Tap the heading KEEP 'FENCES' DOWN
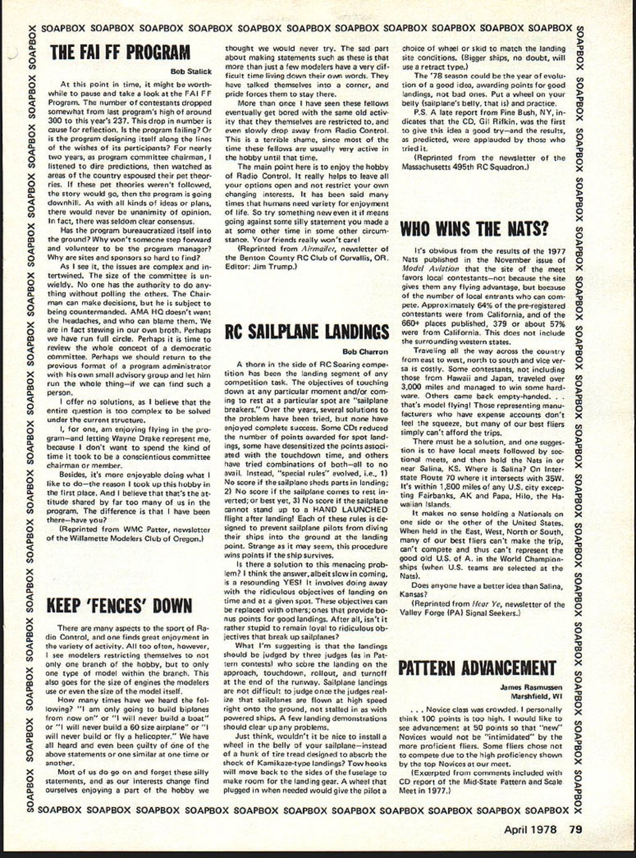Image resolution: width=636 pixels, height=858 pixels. (120, 606)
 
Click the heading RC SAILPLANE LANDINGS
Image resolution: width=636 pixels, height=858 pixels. (307, 332)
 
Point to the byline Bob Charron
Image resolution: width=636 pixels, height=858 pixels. (365, 352)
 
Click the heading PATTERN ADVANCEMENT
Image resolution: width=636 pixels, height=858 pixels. (477, 668)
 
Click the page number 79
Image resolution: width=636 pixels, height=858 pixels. (575, 830)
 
